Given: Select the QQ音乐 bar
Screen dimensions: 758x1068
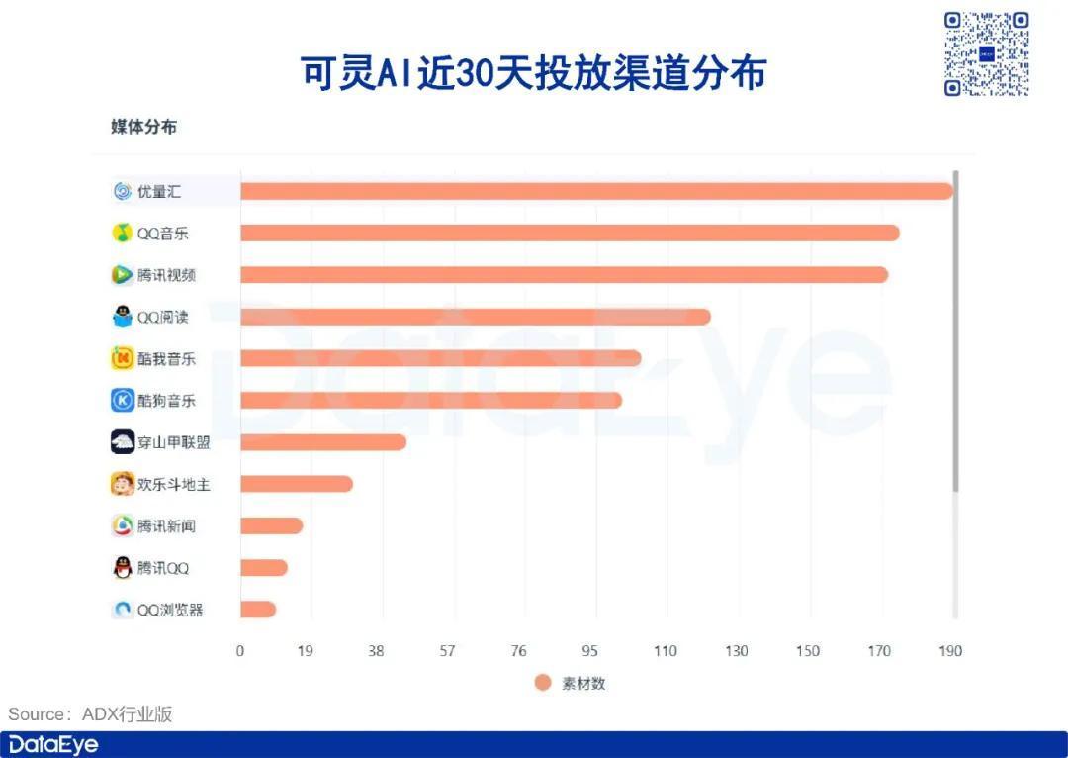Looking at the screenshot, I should click(x=570, y=234).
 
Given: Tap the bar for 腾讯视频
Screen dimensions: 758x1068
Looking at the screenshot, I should click(x=564, y=275).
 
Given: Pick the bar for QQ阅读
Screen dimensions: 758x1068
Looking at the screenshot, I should click(x=476, y=317).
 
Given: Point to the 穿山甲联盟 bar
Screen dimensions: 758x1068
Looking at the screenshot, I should click(x=323, y=442).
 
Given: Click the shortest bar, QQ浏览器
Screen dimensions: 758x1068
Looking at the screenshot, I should click(x=258, y=610).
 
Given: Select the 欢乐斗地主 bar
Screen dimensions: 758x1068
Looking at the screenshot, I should click(x=297, y=484).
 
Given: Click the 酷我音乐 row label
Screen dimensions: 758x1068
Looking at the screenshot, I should click(x=166, y=358).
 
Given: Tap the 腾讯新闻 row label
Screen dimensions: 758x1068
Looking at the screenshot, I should click(x=166, y=525).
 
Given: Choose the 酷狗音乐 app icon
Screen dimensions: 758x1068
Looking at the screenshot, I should click(x=122, y=400).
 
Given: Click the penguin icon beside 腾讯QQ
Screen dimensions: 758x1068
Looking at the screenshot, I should click(x=122, y=568).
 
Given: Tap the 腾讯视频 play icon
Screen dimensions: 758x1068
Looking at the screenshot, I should click(x=122, y=275).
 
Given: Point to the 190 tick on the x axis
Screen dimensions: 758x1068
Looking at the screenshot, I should click(x=950, y=651).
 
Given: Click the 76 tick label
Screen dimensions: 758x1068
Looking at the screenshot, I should click(x=518, y=651).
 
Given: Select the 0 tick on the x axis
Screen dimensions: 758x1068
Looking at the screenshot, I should click(x=240, y=651).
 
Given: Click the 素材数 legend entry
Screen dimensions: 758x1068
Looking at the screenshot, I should click(x=571, y=683).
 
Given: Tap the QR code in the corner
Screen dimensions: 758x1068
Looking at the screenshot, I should click(x=986, y=53).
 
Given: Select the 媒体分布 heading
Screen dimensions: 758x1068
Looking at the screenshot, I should click(x=143, y=127).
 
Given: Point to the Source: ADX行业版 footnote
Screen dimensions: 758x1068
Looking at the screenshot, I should click(x=90, y=713).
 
